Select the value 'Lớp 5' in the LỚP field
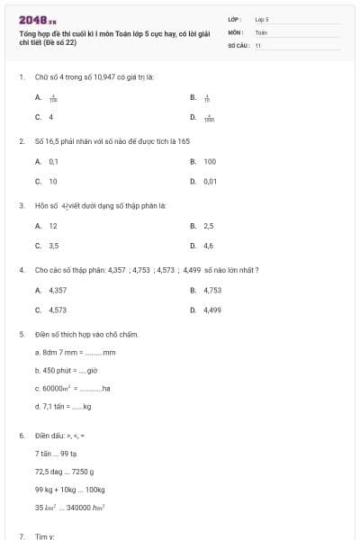pyautogui.click(x=262, y=19)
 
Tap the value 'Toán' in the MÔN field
pyautogui.click(x=261, y=31)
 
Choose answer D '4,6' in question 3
pyautogui.click(x=208, y=246)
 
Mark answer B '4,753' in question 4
pyautogui.click(x=211, y=290)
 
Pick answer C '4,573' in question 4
pyautogui.click(x=58, y=310)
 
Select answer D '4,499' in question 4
pyautogui.click(x=211, y=310)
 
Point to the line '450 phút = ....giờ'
pyautogui.click(x=66, y=370)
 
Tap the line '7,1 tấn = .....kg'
pyautogui.click(x=64, y=406)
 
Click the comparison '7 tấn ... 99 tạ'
pyautogui.click(x=57, y=454)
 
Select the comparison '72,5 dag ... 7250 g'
pyautogui.click(x=65, y=472)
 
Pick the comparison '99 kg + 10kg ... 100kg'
pyautogui.click(x=70, y=490)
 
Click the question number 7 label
pyautogui.click(x=22, y=536)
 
